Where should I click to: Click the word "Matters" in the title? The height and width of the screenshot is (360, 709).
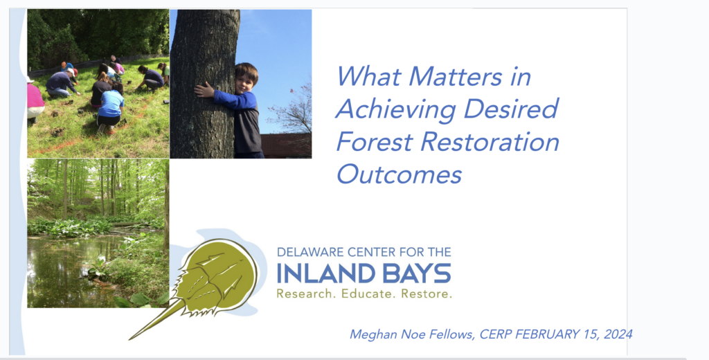pyautogui.click(x=455, y=76)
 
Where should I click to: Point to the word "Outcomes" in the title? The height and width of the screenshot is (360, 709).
pyautogui.click(x=399, y=174)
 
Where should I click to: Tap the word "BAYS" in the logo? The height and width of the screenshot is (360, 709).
pyautogui.click(x=415, y=273)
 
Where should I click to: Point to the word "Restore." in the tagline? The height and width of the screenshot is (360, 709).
pyautogui.click(x=427, y=294)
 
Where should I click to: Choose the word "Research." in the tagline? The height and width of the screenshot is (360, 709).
pyautogui.click(x=306, y=294)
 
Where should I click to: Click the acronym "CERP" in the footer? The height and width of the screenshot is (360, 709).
pyautogui.click(x=496, y=334)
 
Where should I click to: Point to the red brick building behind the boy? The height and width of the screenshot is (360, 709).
pyautogui.click(x=286, y=145)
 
